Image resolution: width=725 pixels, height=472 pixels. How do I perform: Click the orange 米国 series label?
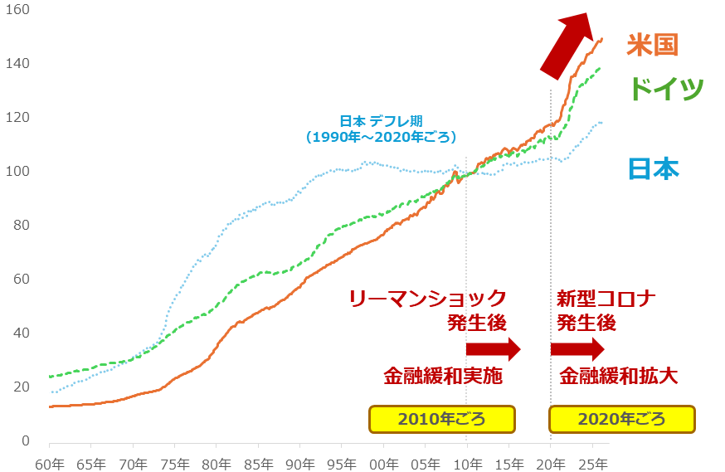pos(652,44)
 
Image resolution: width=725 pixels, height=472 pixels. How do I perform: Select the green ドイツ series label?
pos(666,88)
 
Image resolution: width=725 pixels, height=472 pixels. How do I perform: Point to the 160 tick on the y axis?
pos(18,10)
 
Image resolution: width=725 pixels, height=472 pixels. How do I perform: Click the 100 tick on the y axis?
pos(18,171)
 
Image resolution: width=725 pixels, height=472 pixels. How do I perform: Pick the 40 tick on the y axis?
pos(22,333)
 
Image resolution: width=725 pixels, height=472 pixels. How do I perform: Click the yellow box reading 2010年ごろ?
pos(442,419)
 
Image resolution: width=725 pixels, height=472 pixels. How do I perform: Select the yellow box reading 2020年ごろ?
pos(623,419)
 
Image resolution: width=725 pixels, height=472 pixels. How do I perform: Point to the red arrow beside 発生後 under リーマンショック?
pos(493,349)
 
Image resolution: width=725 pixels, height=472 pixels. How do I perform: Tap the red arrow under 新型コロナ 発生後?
pos(577,349)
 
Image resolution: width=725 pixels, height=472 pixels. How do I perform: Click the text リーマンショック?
pos(427,298)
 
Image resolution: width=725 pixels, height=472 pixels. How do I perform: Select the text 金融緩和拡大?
pos(619,376)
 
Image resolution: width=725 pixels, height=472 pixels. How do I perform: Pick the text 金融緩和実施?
pos(443,376)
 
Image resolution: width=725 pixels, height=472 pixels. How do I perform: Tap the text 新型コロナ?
pos(606,298)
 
